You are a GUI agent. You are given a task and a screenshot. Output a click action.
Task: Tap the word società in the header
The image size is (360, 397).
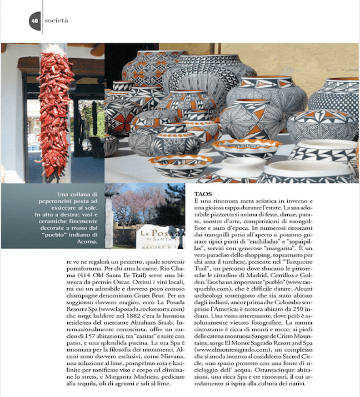tap(57, 20)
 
